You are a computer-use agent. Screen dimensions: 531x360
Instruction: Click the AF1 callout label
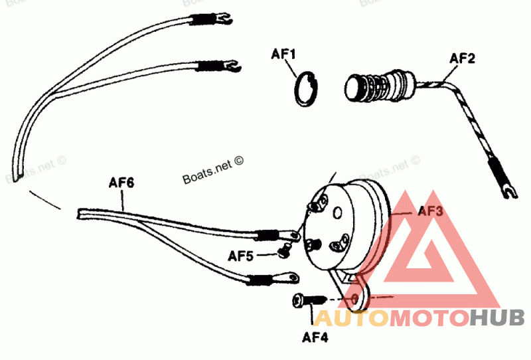pos(283,52)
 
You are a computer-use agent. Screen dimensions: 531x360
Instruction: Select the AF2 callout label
pos(462,58)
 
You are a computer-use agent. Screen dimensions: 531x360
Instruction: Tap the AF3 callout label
pos(430,212)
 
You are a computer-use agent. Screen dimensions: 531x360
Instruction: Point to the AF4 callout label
pos(315,336)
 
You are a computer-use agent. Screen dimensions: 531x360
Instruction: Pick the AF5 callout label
pos(241,255)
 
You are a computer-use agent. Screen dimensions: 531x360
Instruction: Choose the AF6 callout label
pos(121,181)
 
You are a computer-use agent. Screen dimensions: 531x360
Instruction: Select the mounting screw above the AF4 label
pos(305,301)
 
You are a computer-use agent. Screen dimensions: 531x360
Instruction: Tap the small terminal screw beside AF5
pos(283,251)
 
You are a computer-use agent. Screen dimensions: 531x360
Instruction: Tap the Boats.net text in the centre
pos(213,171)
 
